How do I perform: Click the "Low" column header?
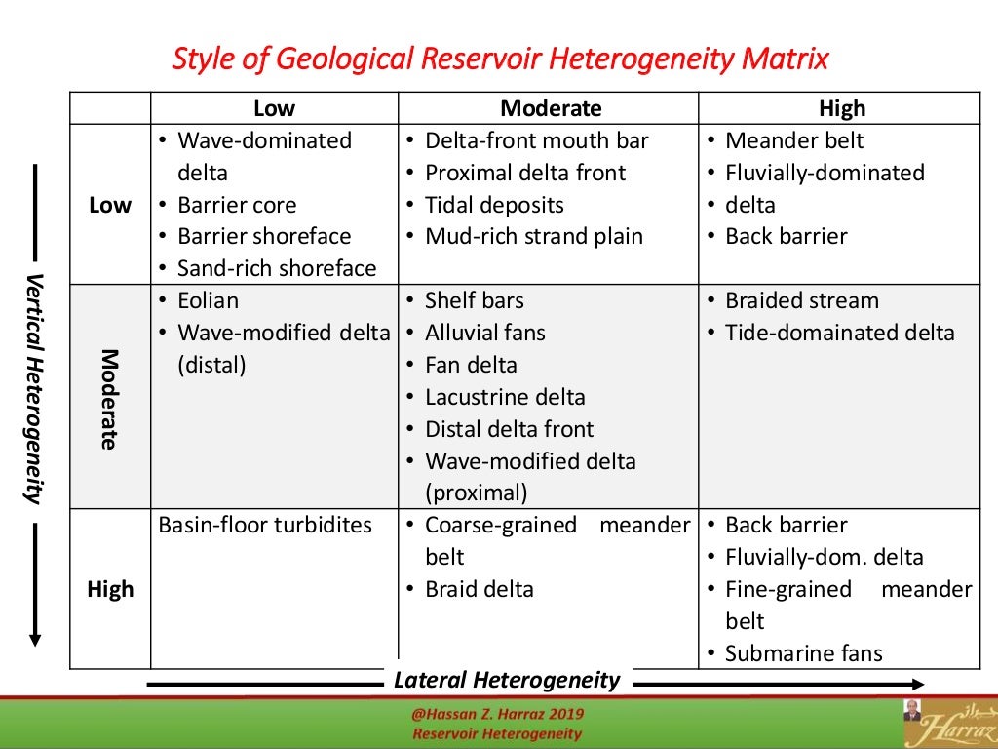(x=274, y=108)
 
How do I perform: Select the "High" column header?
(x=842, y=108)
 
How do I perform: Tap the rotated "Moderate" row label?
(x=109, y=399)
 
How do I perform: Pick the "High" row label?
(x=110, y=589)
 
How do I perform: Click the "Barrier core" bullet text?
(x=237, y=205)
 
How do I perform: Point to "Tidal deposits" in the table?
(x=494, y=205)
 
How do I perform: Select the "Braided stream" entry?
(x=801, y=300)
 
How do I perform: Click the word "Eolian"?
(x=208, y=300)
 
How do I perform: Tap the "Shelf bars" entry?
(x=474, y=300)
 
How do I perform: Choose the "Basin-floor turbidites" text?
(x=265, y=525)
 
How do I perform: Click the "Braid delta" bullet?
(x=480, y=589)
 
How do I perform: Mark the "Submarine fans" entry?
(x=803, y=653)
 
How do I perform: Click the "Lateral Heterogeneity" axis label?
(x=507, y=680)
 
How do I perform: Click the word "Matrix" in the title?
(x=785, y=59)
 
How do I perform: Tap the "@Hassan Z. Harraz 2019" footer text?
(x=497, y=715)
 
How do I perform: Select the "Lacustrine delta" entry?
(x=505, y=397)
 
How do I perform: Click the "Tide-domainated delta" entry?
(x=839, y=333)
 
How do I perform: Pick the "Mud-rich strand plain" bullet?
(x=534, y=236)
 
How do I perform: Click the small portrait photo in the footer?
(x=911, y=710)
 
